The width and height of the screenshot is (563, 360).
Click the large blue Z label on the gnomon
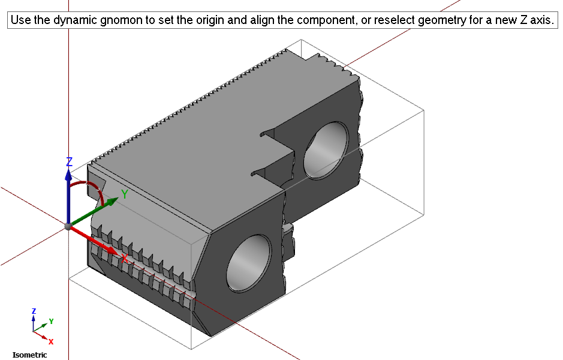(x=70, y=161)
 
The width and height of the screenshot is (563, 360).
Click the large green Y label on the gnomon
(x=125, y=194)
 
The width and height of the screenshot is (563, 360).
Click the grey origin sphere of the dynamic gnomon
(x=68, y=226)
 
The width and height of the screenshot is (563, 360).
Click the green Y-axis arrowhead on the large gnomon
(x=112, y=201)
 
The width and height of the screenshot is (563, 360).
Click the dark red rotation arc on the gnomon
(x=94, y=187)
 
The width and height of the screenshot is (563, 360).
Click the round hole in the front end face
(x=249, y=263)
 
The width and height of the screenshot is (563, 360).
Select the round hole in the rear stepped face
(x=326, y=150)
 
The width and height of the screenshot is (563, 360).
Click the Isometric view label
(x=30, y=355)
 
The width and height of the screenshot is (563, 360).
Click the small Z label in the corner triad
(x=34, y=311)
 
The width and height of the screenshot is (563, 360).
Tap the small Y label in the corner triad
(x=52, y=321)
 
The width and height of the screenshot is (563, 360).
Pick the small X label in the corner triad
(x=51, y=341)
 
